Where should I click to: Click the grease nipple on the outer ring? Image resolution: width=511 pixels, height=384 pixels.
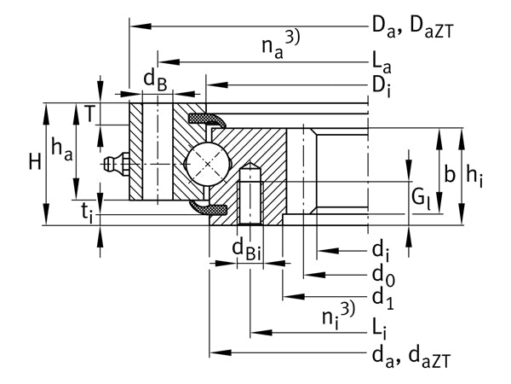(116, 164)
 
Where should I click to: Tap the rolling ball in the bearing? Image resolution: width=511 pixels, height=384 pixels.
(207, 164)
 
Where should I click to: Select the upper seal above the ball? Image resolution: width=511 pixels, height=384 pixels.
(207, 120)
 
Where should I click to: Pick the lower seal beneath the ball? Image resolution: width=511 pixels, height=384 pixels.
(208, 207)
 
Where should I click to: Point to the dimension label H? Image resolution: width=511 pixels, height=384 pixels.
(35, 162)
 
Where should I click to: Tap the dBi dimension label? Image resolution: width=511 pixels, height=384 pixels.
(246, 249)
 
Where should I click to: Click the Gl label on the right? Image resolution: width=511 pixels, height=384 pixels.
(421, 198)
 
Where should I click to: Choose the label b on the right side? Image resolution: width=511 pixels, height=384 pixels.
(450, 174)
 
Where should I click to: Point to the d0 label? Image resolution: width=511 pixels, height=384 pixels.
(383, 276)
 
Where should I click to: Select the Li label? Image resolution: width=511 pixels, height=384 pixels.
(380, 329)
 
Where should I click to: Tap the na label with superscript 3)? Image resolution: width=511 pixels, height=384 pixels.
(281, 44)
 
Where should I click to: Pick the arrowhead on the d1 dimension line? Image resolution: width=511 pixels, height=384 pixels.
(294, 297)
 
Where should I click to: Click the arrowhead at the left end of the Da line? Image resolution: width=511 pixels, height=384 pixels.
(141, 26)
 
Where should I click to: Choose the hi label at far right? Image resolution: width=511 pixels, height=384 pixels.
(474, 177)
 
